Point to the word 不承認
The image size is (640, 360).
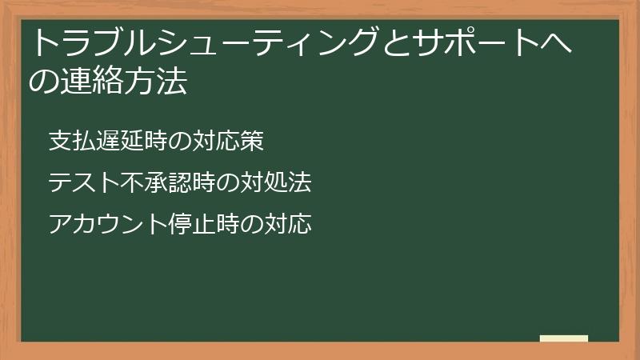(x=145, y=183)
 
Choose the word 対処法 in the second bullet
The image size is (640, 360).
(x=277, y=183)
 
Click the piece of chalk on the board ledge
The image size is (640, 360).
(x=563, y=338)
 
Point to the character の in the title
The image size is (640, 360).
(x=41, y=82)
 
